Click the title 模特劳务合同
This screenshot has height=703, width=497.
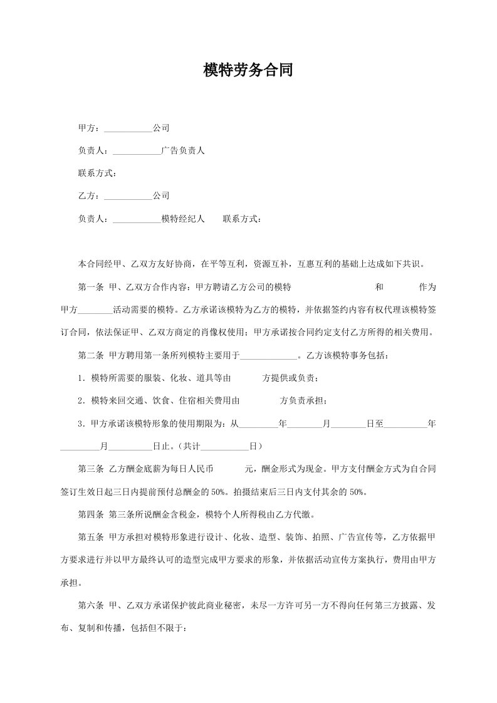248,70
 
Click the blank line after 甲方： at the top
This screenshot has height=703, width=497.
127,128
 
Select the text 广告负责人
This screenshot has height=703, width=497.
183,150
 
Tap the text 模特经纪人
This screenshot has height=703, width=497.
183,219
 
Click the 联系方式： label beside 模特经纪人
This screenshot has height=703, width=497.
243,219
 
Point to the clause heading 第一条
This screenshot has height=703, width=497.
90,287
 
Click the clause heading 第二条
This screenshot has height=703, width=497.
90,355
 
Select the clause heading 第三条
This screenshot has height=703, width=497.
90,469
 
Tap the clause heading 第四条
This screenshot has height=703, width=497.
90,514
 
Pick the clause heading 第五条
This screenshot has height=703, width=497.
90,537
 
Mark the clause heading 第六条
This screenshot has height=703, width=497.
90,605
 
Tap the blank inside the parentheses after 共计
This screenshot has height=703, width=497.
226,446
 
